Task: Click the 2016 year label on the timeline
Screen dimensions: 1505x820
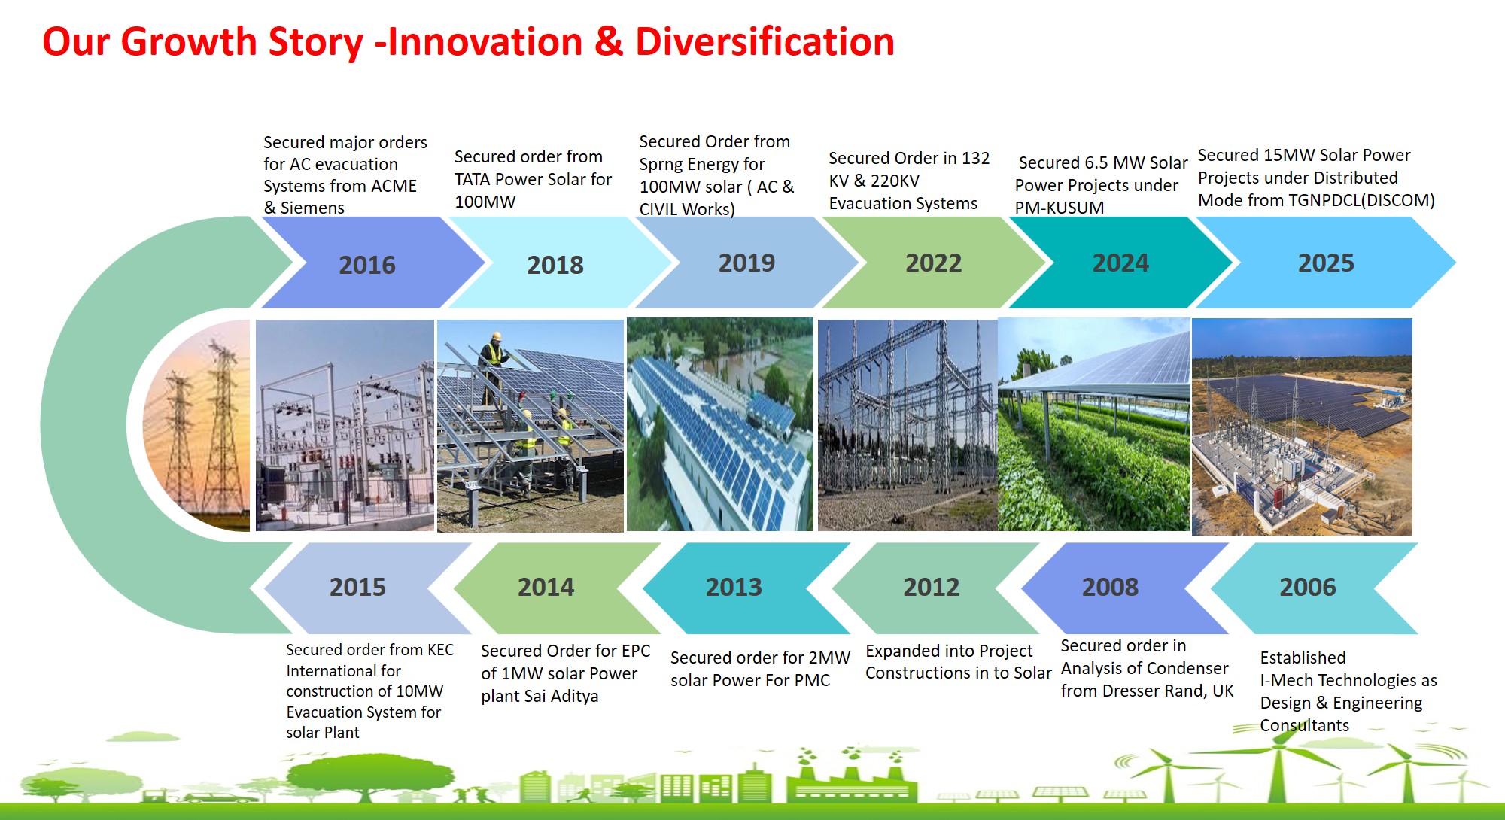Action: [x=366, y=265]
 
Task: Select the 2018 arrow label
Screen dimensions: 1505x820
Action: [x=555, y=265]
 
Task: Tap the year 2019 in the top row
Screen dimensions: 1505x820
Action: [x=746, y=263]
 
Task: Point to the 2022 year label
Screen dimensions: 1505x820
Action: [x=933, y=263]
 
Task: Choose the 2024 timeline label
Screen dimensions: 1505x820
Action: [x=1120, y=263]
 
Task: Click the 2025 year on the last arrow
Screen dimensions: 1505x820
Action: [x=1326, y=263]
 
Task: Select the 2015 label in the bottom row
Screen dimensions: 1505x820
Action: [x=357, y=587]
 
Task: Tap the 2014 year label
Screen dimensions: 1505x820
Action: [x=546, y=587]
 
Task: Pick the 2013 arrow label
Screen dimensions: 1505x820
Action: [x=734, y=587]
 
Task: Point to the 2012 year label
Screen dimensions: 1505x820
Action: [x=932, y=587]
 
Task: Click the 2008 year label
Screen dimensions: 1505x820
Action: [x=1110, y=587]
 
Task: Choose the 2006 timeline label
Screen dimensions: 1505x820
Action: [x=1308, y=587]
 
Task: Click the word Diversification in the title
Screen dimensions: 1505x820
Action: [x=765, y=41]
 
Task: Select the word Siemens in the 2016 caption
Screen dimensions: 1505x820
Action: [x=312, y=208]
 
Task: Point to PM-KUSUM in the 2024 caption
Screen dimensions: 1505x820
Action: [x=1060, y=208]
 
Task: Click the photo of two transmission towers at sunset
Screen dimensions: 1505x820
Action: [x=197, y=425]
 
